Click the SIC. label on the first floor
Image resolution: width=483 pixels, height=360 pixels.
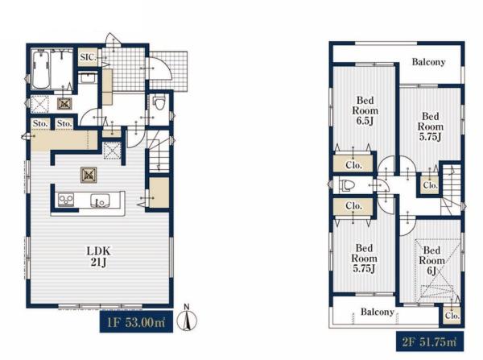tap(88, 57)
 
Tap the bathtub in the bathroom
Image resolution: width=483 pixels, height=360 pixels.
tap(41, 69)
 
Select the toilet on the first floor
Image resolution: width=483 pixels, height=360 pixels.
tap(159, 103)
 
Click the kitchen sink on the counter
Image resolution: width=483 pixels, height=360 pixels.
tap(100, 201)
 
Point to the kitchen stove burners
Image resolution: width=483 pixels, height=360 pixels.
tap(66, 200)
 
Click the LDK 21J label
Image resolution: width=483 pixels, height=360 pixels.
tap(98, 256)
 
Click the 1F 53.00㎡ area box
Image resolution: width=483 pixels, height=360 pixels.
tap(136, 322)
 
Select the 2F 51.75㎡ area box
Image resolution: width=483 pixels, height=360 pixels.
tap(430, 341)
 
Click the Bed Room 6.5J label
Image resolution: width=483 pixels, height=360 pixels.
tap(365, 110)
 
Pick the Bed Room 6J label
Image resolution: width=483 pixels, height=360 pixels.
tap(431, 260)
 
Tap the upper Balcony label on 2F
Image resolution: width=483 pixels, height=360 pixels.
tap(428, 62)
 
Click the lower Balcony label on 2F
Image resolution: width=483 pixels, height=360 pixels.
tap(378, 312)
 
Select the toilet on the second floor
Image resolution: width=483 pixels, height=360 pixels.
tap(347, 185)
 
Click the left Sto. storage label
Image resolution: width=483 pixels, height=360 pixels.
tap(40, 123)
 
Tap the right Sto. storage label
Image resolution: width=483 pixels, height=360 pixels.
tap(64, 123)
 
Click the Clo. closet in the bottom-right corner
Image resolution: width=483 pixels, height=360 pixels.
tap(452, 316)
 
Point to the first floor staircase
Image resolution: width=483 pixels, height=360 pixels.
tap(159, 151)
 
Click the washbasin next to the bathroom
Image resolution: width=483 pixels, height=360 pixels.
tap(88, 78)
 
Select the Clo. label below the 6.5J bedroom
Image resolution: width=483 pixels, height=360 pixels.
tap(353, 165)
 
